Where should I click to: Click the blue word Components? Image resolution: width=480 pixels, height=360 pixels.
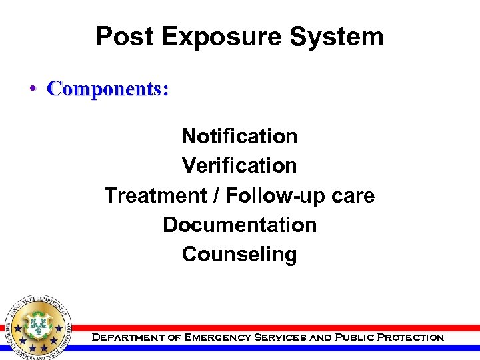108,89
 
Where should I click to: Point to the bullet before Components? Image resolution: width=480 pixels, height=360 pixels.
32,89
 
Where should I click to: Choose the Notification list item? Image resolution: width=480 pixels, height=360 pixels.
240,136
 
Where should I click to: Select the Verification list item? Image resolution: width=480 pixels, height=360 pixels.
240,165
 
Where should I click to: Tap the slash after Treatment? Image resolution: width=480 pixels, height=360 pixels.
217,195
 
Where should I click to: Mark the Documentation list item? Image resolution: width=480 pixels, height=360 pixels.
240,225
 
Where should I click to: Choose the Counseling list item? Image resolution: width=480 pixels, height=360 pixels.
240,254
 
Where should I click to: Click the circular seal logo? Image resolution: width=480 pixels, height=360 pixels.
37,327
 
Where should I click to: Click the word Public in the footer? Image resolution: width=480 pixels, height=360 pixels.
354,337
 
